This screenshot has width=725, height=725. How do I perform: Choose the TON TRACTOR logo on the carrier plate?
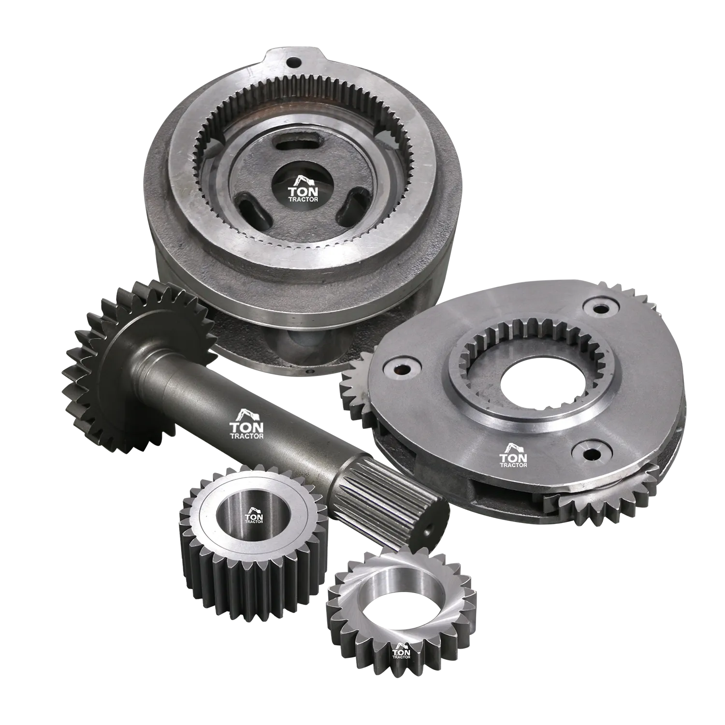(x=513, y=453)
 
